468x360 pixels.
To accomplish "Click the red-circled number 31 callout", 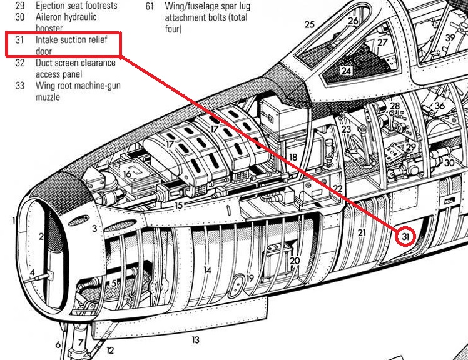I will coord(407,237).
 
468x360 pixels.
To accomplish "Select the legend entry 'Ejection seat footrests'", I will coord(76,6).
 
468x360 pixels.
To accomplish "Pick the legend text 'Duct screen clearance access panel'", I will coord(75,68).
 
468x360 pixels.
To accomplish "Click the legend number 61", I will coord(150,6).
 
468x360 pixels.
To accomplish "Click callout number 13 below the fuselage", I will coord(196,339).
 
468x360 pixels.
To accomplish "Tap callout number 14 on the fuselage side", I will coord(206,270).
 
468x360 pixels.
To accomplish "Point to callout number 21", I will coord(362,232).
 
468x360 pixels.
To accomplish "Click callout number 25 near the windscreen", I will coord(309,24).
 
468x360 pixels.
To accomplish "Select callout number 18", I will coord(293,157).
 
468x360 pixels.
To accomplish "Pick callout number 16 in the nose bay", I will coord(127,175).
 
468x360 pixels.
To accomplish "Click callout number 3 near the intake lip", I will coord(94,229).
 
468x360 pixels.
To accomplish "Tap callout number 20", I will coord(295,261).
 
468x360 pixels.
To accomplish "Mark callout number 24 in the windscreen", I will coord(346,71).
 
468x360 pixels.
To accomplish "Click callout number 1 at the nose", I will coord(13,221).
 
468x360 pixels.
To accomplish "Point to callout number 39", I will coord(450,37).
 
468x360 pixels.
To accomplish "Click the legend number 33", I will coord(20,86).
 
